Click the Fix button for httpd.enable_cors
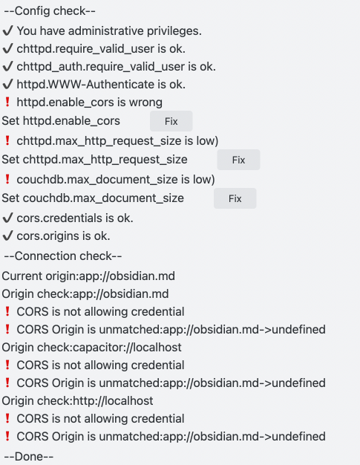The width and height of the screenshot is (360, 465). [171, 121]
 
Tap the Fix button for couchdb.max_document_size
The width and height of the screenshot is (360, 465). [235, 198]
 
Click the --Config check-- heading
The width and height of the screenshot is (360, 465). [50, 11]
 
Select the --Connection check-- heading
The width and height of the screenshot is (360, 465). [63, 256]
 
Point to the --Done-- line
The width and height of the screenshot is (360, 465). [29, 456]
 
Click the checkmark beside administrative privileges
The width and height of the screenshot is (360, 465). [7, 30]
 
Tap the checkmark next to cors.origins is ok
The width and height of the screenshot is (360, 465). [7, 235]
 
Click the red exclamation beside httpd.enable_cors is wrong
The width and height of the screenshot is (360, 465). [7, 102]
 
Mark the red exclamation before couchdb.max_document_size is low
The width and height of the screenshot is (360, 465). [7, 179]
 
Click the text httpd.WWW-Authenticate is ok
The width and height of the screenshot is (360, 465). [101, 85]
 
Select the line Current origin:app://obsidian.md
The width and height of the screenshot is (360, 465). [88, 276]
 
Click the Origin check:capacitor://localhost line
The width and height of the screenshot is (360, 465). [91, 348]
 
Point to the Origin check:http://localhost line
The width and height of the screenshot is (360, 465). [77, 400]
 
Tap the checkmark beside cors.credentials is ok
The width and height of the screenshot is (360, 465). [7, 218]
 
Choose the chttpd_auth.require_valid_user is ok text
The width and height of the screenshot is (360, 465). [116, 67]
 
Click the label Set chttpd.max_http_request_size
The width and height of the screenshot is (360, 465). [94, 160]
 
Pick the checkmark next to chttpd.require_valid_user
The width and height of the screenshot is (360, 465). [7, 48]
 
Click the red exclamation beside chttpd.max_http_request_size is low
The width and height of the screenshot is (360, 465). [7, 140]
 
